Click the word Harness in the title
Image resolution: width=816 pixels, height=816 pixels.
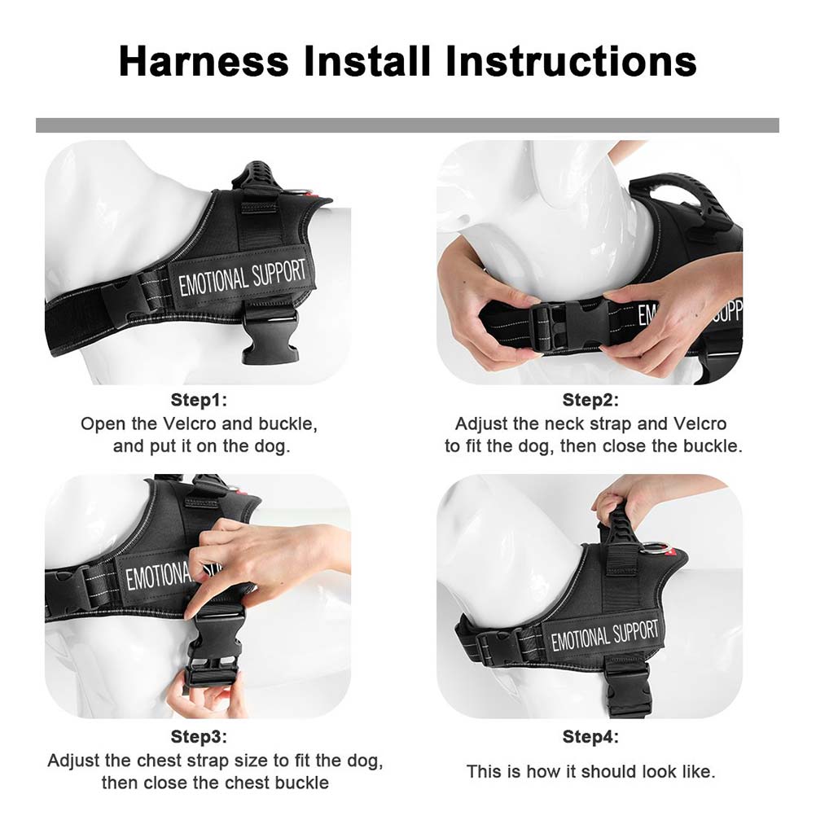click(x=203, y=62)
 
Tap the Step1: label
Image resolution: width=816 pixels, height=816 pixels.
click(x=199, y=400)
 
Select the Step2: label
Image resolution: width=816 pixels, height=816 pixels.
click(x=590, y=400)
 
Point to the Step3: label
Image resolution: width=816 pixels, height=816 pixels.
click(x=199, y=737)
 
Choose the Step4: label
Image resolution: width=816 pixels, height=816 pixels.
click(x=590, y=737)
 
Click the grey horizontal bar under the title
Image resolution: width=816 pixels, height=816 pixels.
click(x=407, y=125)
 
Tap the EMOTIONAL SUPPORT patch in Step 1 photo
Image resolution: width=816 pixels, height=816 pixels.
click(x=242, y=277)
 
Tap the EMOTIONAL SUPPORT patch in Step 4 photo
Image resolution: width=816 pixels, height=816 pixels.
click(x=604, y=634)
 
